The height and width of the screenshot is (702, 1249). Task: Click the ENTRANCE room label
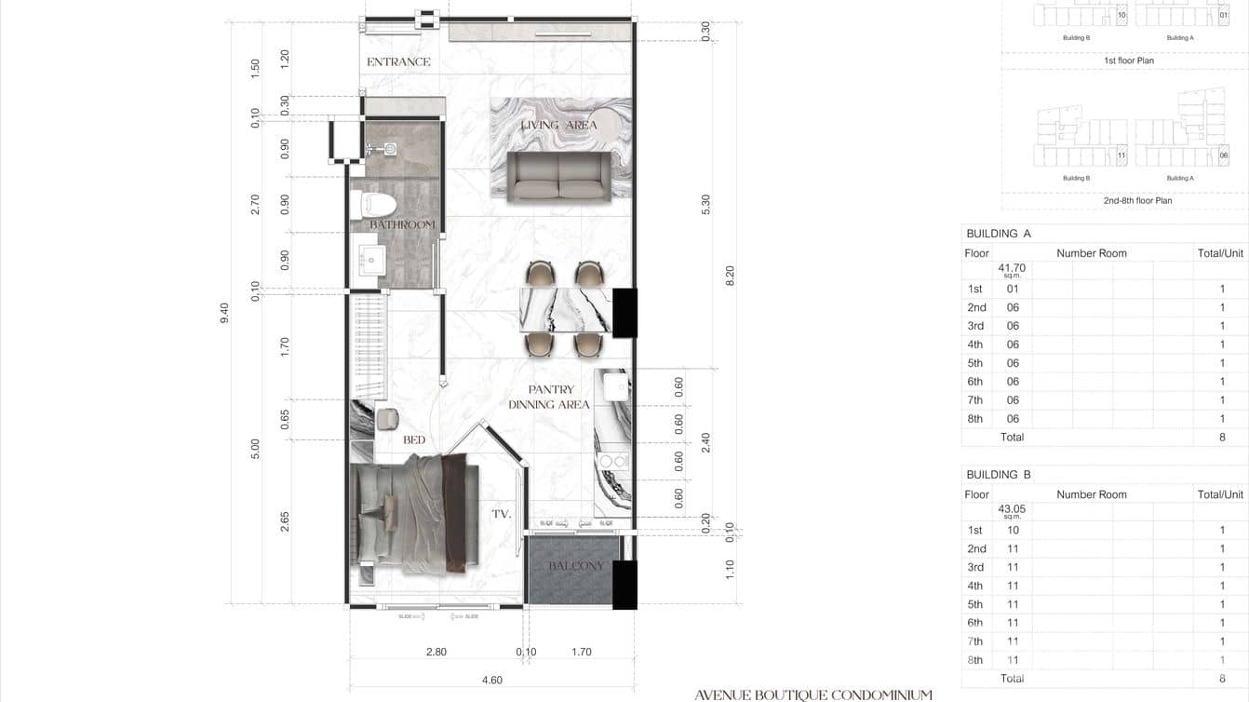click(398, 62)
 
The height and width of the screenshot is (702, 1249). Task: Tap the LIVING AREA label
click(558, 125)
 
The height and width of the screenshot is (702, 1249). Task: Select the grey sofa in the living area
click(558, 177)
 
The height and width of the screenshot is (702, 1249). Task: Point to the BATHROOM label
click(402, 225)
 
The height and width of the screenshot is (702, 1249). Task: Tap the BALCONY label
click(576, 566)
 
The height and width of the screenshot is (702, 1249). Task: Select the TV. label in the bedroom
click(502, 513)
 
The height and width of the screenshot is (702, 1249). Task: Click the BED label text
click(414, 439)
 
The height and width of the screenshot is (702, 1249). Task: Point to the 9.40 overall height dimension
click(223, 313)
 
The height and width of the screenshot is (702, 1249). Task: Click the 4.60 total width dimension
click(492, 681)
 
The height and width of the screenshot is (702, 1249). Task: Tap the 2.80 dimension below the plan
click(436, 653)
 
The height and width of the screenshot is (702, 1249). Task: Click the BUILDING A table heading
click(999, 234)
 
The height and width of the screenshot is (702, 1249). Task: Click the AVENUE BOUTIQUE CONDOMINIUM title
click(813, 695)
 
